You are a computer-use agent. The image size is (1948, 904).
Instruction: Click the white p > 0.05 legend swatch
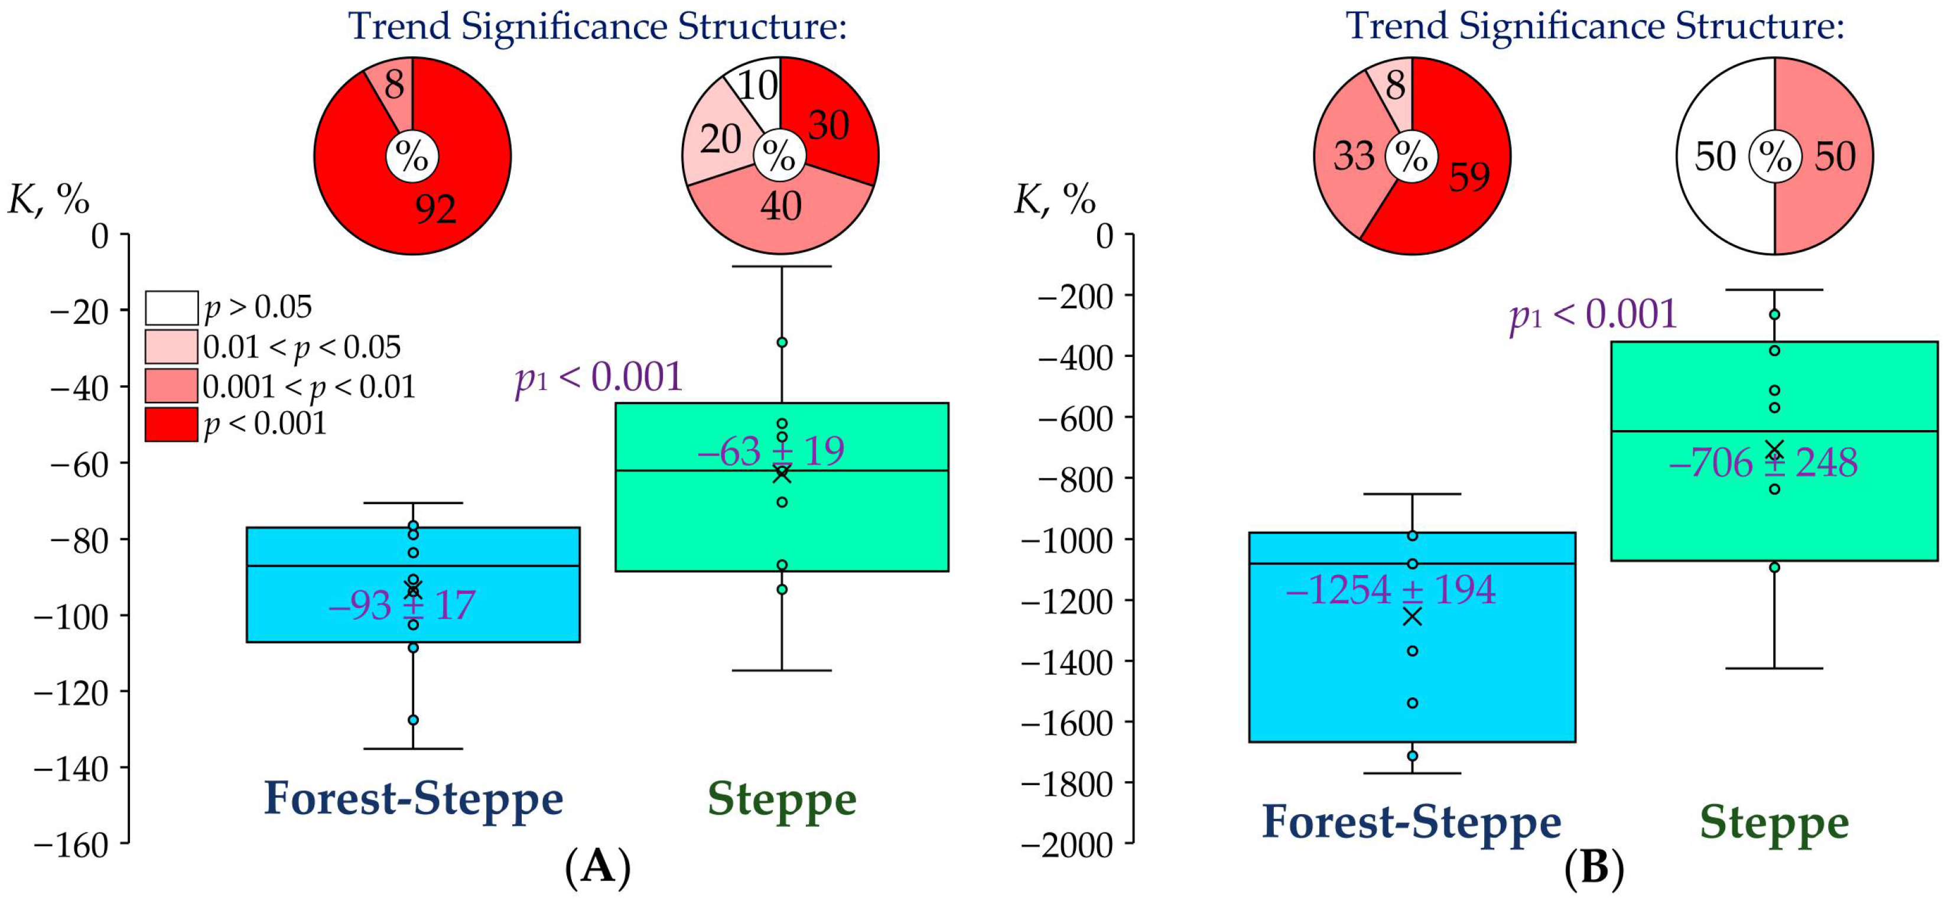point(172,308)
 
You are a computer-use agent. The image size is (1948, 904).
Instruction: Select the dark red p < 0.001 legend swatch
point(172,424)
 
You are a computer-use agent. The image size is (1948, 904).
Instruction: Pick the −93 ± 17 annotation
point(402,605)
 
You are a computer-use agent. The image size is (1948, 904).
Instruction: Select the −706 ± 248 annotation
point(1762,463)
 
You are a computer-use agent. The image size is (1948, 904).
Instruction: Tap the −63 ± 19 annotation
point(770,451)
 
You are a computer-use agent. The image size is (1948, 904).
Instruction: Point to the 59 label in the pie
point(1469,176)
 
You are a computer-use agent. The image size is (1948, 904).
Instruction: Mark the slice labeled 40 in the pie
point(780,206)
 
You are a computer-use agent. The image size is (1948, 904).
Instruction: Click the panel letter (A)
point(597,867)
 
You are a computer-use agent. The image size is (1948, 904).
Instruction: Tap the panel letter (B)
point(1594,869)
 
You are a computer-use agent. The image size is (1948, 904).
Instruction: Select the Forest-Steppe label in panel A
point(414,798)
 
